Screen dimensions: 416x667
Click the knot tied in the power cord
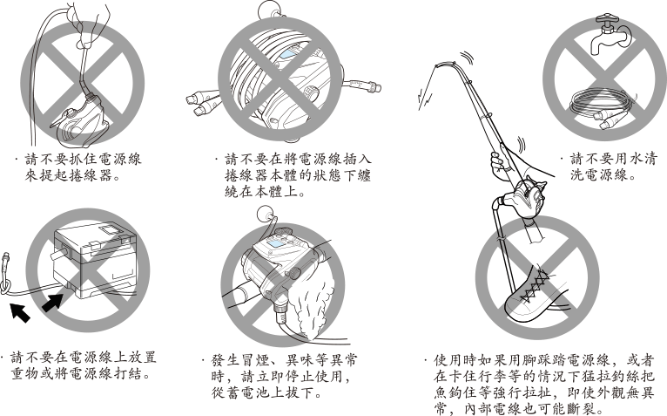tap(9, 283)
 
